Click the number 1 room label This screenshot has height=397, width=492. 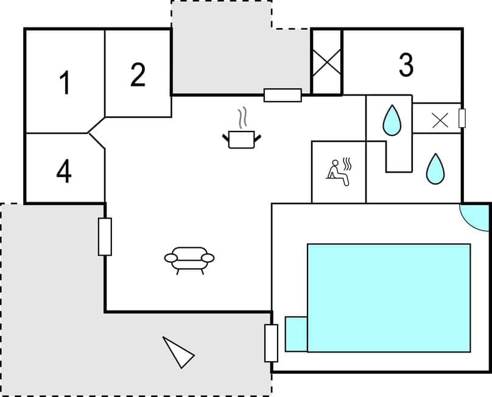coord(64,83)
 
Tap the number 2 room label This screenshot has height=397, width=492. coord(138,75)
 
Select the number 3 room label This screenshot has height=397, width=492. coord(406,65)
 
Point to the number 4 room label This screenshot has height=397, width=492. coord(63,172)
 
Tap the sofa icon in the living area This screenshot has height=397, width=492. coord(189,258)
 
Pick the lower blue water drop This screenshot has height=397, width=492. coord(435,168)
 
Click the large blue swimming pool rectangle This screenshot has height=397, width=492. coord(388,298)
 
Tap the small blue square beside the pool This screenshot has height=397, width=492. coord(296,334)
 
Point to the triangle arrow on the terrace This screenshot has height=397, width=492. coord(178,352)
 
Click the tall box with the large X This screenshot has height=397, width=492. coord(327,61)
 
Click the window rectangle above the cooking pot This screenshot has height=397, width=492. coord(283,95)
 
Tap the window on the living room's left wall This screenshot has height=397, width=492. coord(105,236)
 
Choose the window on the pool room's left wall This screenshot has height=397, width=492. coord(271,343)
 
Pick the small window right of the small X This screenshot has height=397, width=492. coord(462,118)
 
